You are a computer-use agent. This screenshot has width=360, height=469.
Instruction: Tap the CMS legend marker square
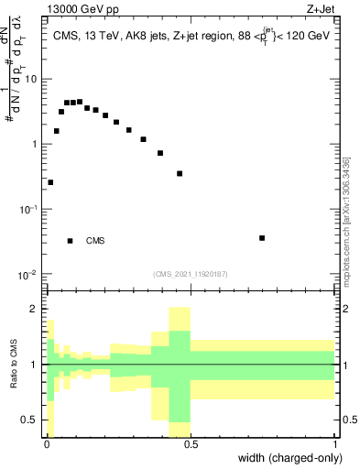coord(71,241)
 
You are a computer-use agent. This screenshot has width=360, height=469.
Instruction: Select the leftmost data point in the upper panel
coord(50,182)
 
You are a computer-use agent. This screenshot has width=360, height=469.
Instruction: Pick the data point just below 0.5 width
coord(180,173)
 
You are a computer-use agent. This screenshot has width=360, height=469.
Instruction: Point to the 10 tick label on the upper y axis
coord(34,79)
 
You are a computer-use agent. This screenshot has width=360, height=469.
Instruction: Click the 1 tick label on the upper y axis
coord(37,145)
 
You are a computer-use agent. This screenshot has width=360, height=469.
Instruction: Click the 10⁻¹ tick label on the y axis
coord(32,210)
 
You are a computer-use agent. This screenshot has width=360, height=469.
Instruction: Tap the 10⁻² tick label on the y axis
coord(32,275)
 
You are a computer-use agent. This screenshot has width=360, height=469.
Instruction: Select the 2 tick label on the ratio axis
coord(37,309)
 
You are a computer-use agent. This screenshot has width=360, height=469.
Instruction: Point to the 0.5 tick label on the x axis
coord(190,444)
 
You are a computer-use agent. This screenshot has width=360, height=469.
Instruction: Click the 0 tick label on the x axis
coord(46,444)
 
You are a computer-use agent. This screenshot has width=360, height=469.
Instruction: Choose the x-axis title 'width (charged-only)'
coord(291,458)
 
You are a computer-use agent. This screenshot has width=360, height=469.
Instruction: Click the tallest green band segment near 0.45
coord(179,365)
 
